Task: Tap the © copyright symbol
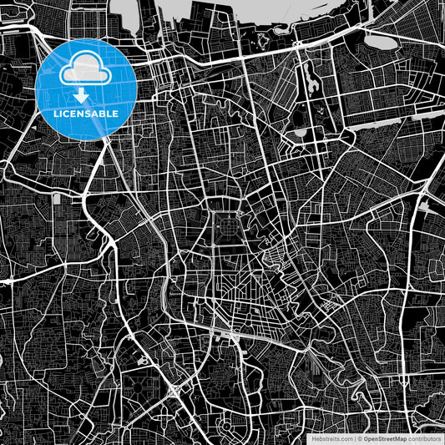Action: pos(361,437)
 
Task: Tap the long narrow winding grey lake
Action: pos(311,79)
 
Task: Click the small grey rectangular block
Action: pos(57,199)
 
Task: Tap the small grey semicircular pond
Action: pos(299,132)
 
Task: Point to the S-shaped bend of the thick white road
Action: pos(103,225)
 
